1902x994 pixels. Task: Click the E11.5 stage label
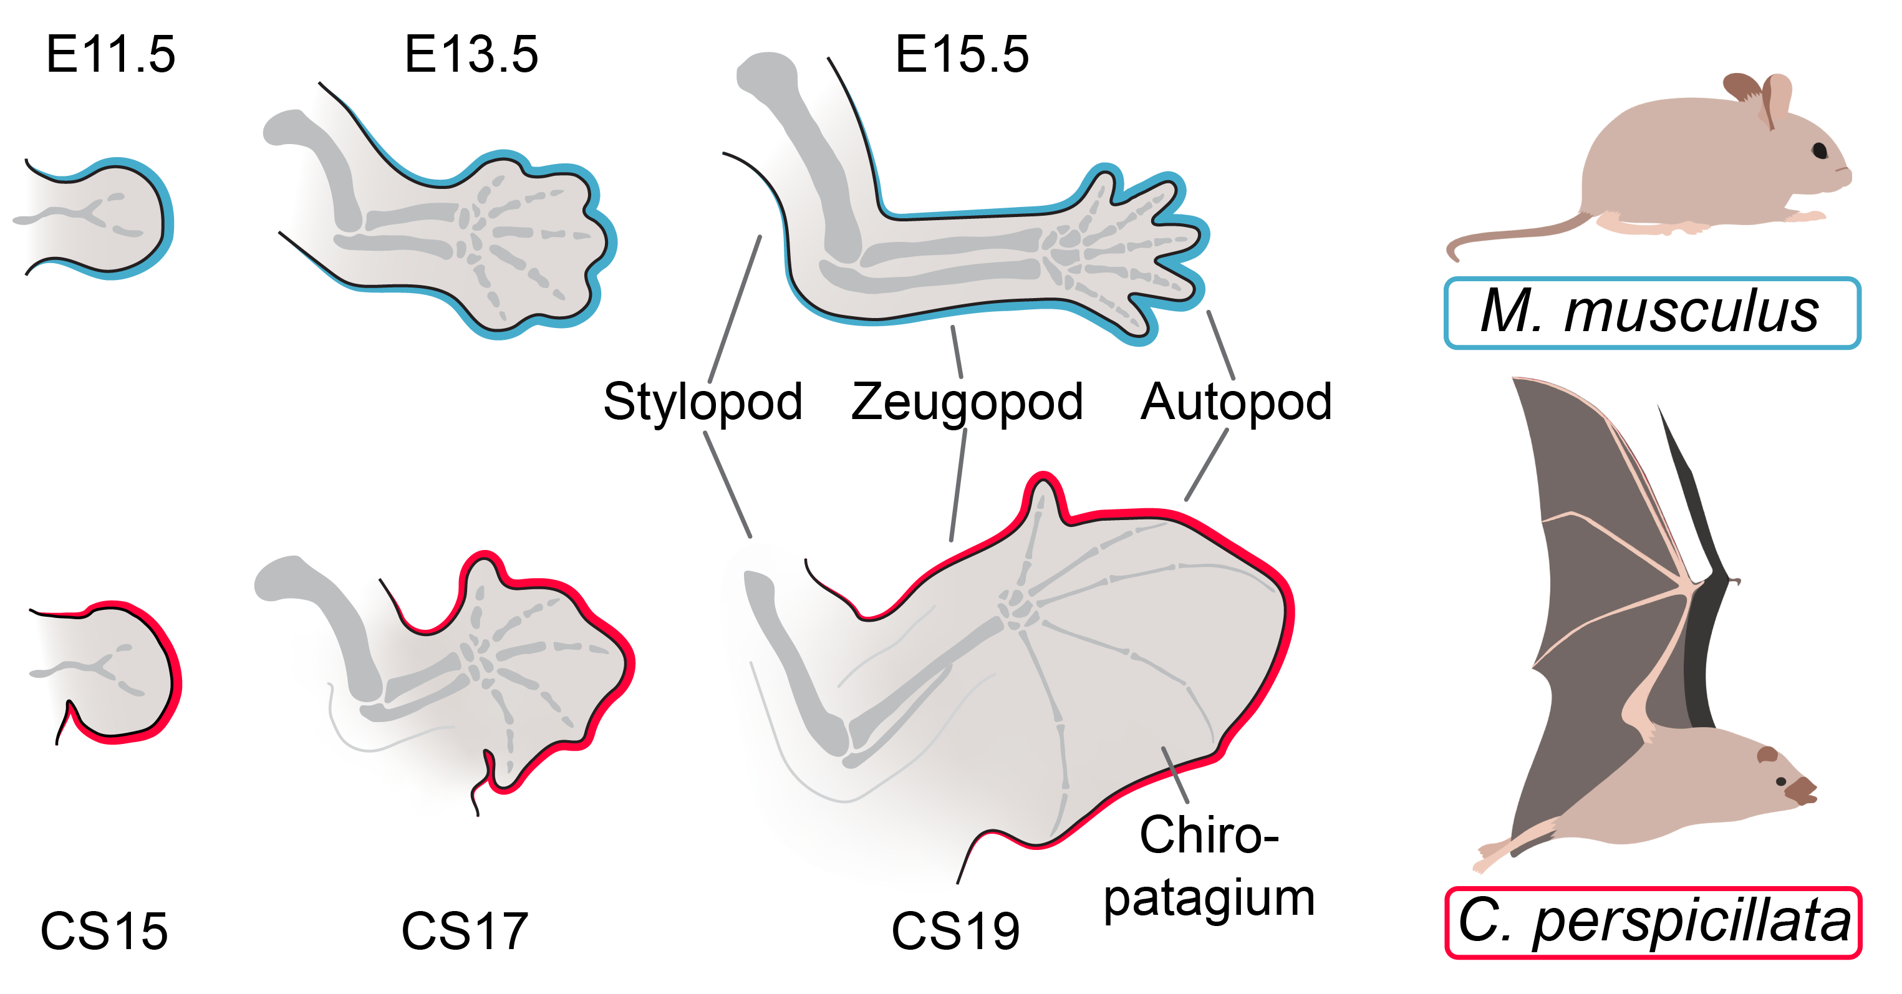(111, 55)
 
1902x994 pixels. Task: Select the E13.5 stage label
(471, 55)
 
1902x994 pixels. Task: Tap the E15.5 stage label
(962, 55)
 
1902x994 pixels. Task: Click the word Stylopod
(702, 402)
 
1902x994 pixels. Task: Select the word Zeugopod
(967, 402)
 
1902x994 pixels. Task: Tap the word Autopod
(1236, 402)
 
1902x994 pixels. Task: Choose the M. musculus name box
(1652, 312)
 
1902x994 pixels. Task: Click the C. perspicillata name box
(1653, 922)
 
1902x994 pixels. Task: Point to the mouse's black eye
(1820, 151)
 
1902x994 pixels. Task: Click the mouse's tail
(1506, 236)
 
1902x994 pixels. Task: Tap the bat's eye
(1781, 781)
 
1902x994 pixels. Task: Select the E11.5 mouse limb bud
(111, 218)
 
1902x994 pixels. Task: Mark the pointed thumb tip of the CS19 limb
(1043, 484)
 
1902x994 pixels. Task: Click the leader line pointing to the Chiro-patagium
(1175, 775)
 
